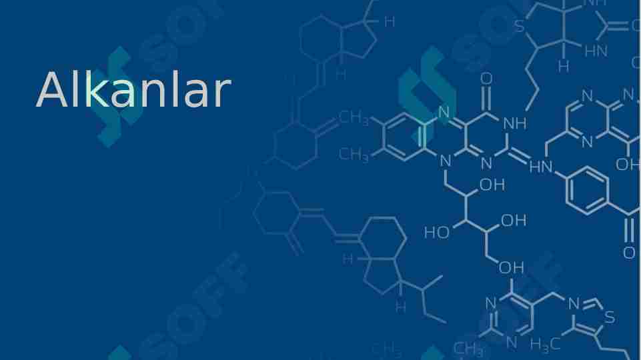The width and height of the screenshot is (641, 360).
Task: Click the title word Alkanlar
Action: coord(133,89)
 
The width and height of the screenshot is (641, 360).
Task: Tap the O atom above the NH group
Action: coord(486,79)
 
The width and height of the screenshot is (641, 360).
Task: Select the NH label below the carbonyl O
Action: coord(515,123)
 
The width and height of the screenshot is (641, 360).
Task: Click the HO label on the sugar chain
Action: coord(437,233)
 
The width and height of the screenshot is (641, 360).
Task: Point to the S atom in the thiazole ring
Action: coord(610,317)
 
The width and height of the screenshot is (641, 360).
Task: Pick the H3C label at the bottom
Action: coord(546,345)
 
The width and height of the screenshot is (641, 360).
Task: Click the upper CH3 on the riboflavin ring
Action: coord(354,118)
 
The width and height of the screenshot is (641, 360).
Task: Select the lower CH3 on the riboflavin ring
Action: coord(354,155)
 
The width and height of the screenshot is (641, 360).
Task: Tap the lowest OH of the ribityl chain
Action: coord(512,267)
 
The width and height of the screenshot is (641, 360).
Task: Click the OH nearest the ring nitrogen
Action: coord(492,185)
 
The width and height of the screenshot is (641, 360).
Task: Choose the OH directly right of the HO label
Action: coord(514,221)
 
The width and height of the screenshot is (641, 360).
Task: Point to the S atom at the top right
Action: coord(520,27)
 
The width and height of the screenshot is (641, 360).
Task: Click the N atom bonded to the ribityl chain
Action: coord(446,161)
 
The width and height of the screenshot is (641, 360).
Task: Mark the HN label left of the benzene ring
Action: coord(541,167)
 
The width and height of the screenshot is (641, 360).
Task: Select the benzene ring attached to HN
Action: coord(588,191)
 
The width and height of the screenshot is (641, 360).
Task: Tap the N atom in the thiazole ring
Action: coord(574,304)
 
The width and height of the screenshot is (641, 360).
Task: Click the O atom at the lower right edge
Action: coord(630,253)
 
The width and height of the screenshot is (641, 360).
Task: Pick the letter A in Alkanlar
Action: coord(52,89)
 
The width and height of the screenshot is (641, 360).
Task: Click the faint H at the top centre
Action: coord(390,22)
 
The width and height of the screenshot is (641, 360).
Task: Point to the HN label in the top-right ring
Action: coord(596,51)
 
